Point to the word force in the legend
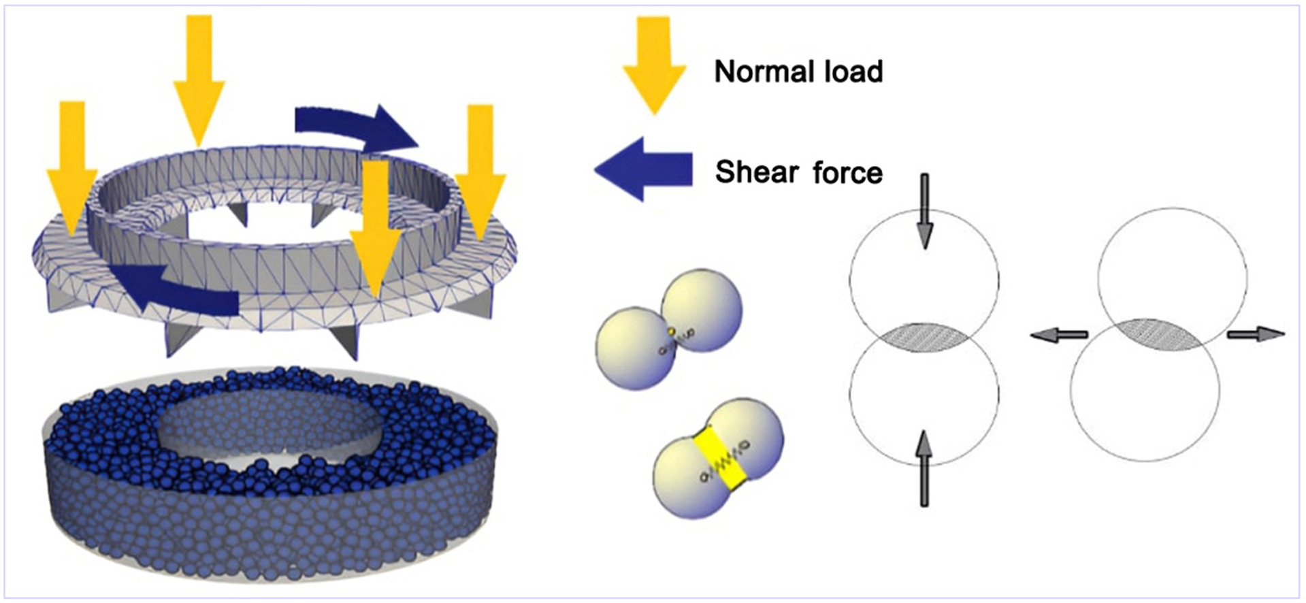pos(847,173)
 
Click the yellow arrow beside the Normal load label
pos(654,65)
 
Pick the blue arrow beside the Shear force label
pos(643,169)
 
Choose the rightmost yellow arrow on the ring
pos(480,170)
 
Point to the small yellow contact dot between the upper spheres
pos(671,332)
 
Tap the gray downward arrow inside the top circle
pos(924,211)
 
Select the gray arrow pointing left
pos(1059,334)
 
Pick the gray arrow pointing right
pos(1256,334)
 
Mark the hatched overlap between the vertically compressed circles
pos(924,337)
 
